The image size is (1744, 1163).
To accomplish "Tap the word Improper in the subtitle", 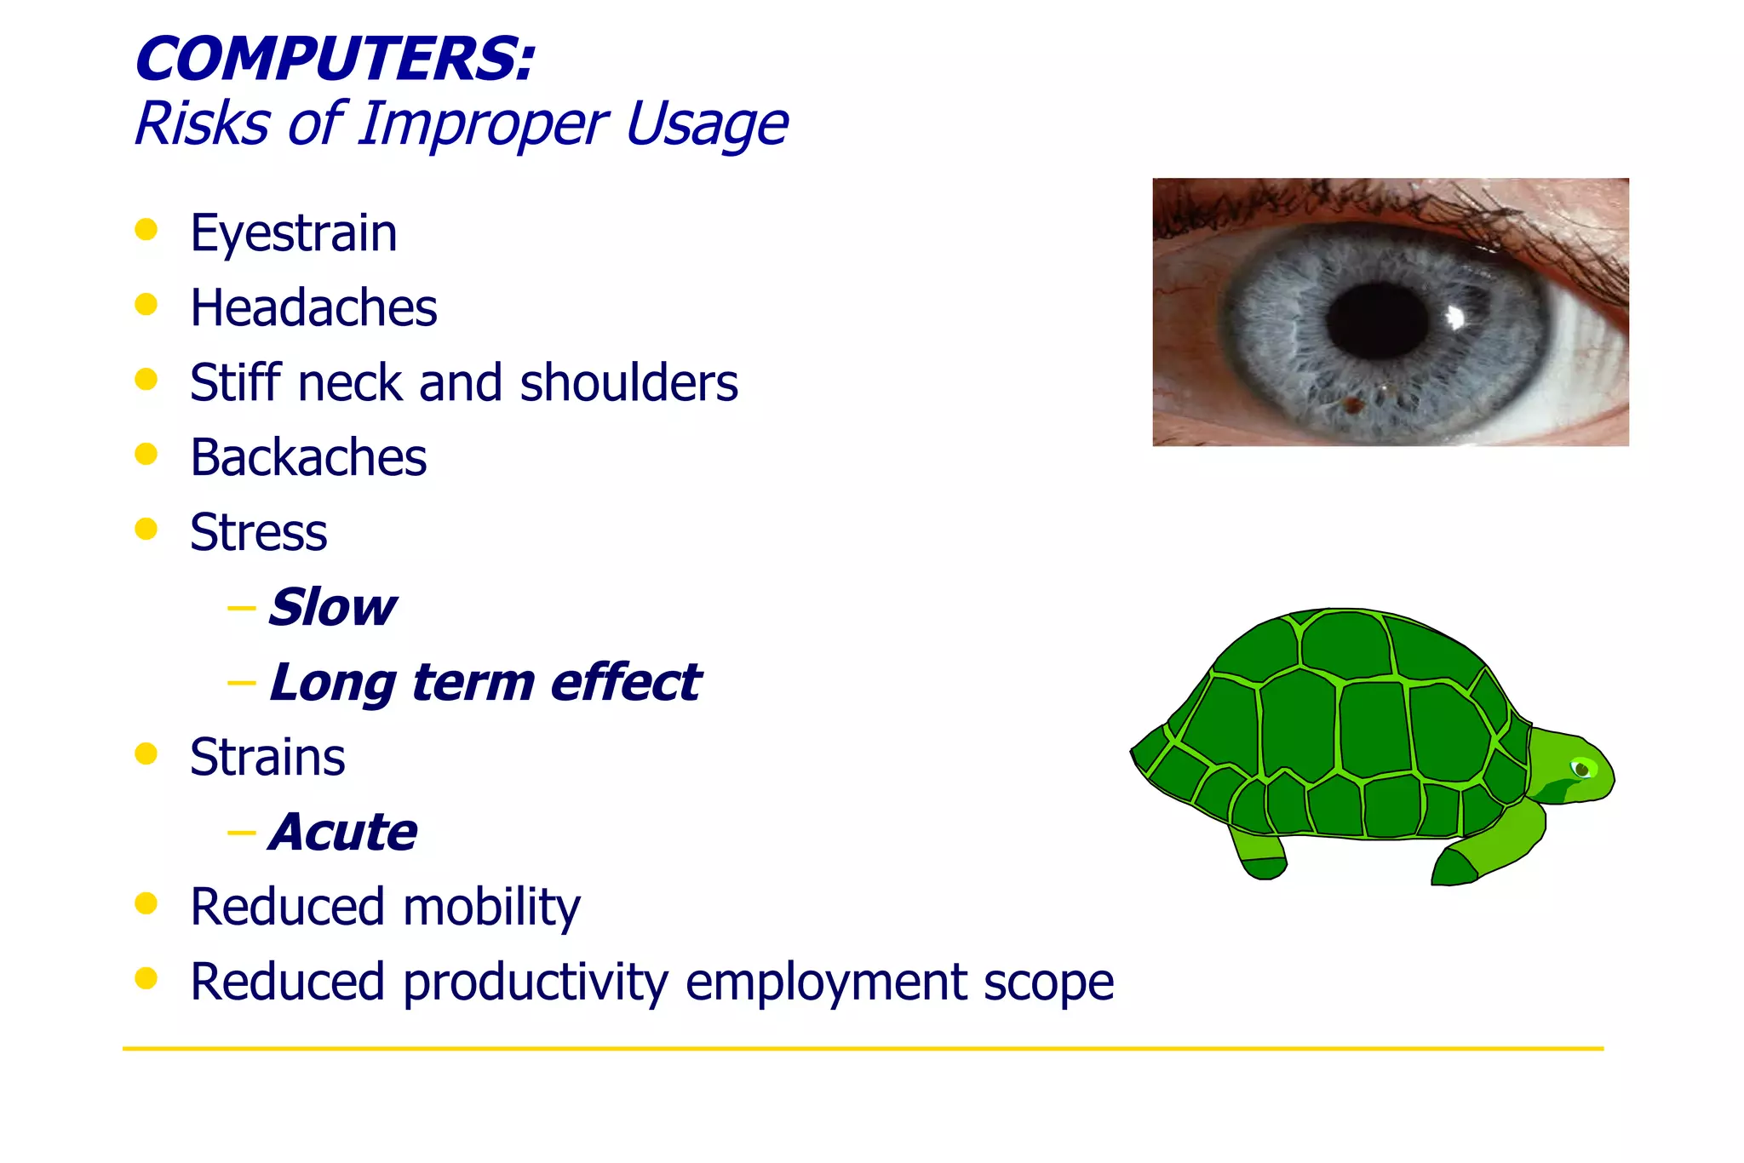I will (481, 124).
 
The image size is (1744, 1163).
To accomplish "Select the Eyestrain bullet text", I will (293, 233).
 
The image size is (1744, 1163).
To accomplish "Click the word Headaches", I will (313, 308).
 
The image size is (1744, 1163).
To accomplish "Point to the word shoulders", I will (628, 383).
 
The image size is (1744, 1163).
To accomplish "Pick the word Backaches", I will (307, 458).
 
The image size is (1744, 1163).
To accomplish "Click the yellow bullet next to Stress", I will (146, 529).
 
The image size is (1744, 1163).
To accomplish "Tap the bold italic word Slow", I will (332, 608).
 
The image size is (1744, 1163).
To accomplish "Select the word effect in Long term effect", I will (625, 683).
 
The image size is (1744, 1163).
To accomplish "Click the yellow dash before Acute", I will (241, 832).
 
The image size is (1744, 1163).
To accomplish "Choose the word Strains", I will (267, 758).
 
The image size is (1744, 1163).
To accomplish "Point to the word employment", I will (826, 983).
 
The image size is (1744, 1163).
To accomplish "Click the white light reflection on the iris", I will (1455, 318).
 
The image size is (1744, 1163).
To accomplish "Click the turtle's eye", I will (1582, 770).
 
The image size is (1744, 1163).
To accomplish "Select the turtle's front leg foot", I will (1454, 868).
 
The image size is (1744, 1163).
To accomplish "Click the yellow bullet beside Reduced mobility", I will (146, 903).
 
